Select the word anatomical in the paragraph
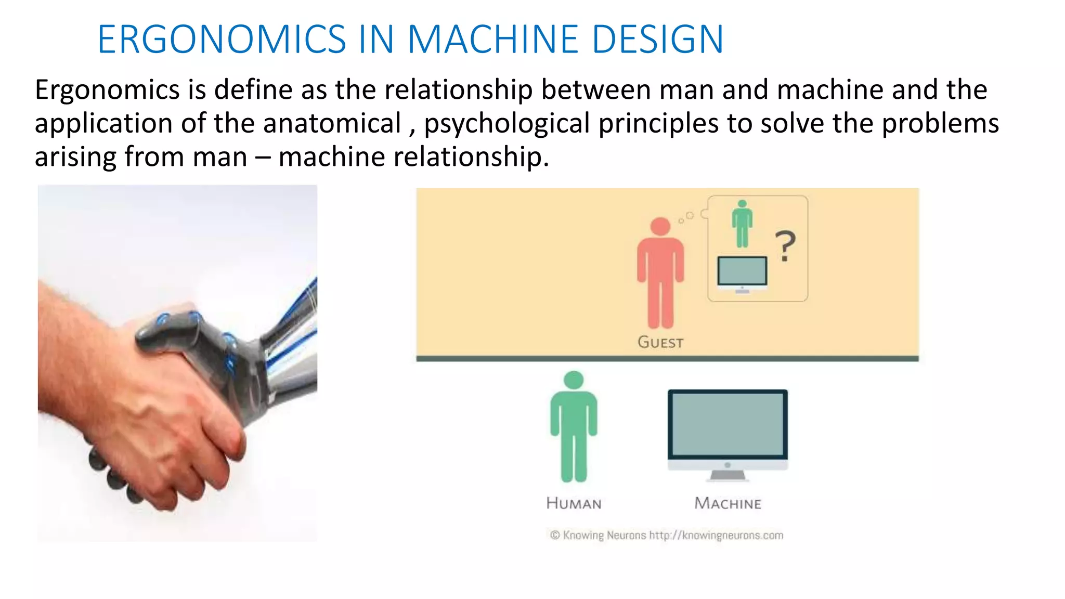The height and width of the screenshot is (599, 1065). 332,123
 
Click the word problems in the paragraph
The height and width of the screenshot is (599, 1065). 940,123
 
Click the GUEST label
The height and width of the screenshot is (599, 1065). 660,342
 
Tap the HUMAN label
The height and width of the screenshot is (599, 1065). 574,503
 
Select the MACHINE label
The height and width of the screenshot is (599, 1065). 728,503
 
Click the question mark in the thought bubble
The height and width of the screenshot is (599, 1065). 785,246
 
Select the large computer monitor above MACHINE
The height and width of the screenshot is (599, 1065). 728,426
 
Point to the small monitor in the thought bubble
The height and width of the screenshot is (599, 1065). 742,271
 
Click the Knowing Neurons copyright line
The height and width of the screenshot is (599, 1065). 667,535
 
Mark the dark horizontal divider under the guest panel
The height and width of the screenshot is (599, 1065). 667,359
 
